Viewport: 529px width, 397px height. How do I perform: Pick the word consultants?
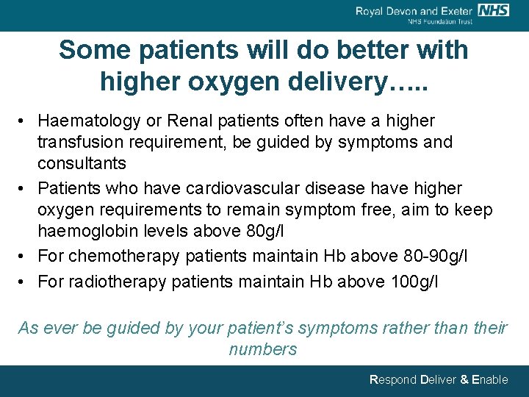click(82, 163)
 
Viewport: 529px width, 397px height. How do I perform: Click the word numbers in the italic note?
click(262, 349)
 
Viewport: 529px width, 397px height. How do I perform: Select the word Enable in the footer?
click(489, 380)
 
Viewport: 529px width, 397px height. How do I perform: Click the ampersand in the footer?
click(463, 380)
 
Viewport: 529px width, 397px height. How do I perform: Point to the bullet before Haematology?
click(24, 121)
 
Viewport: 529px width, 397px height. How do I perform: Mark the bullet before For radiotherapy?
click(24, 282)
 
